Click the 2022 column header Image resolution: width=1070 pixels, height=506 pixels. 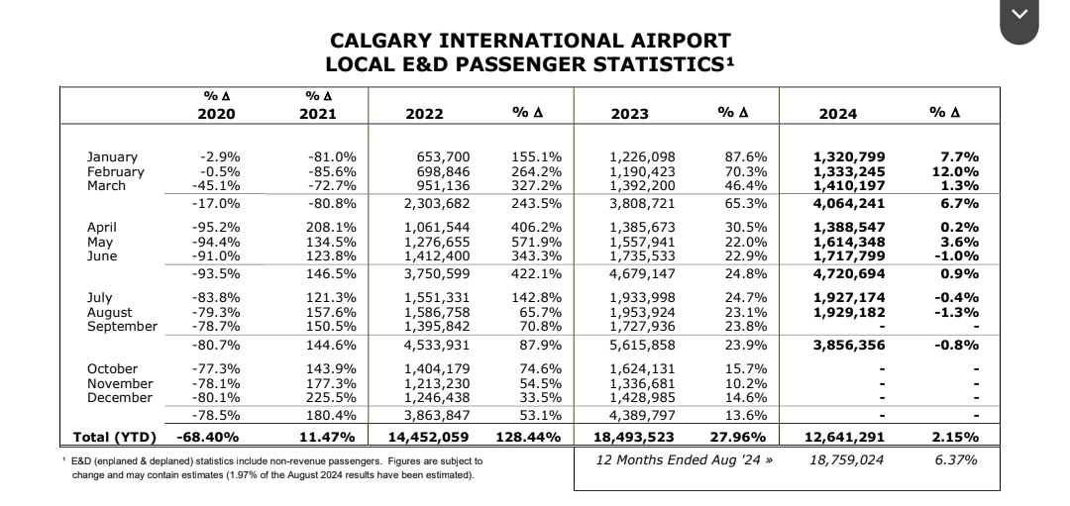tap(425, 114)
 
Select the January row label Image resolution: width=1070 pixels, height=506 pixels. tap(112, 156)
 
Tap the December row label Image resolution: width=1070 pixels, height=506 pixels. tap(120, 397)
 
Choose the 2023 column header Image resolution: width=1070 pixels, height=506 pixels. tap(629, 114)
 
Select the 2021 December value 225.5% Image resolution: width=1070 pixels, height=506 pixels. tap(332, 397)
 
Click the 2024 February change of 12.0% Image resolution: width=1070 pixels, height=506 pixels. tap(958, 170)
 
